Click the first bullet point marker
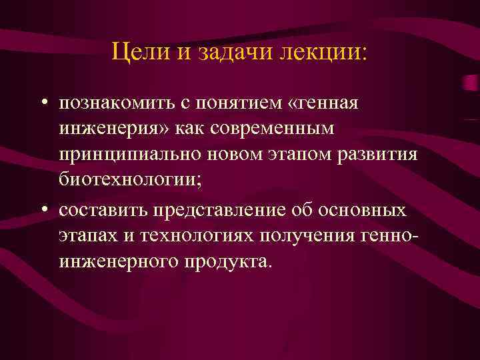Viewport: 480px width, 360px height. coord(42,104)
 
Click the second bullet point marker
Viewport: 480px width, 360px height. coord(42,211)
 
